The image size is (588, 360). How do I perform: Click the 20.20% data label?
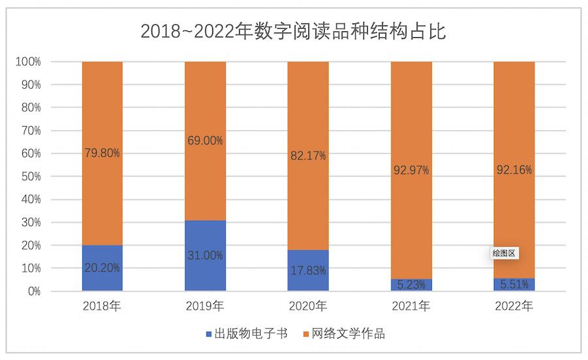103,268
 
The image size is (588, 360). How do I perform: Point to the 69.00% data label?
205,140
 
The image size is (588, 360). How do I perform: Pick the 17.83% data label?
308,270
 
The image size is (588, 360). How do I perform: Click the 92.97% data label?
411,171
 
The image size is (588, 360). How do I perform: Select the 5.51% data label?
514,284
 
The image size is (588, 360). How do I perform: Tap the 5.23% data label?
411,285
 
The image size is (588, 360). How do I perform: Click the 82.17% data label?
308,155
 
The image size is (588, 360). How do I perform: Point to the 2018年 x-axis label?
103,306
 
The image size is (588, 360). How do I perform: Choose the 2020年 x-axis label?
308,306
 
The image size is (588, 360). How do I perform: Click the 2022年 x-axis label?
514,306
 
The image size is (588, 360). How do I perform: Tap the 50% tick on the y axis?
31,176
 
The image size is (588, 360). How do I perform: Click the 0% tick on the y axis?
33,291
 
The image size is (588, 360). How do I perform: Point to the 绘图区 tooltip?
504,254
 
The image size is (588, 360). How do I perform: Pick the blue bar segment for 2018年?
103,255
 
